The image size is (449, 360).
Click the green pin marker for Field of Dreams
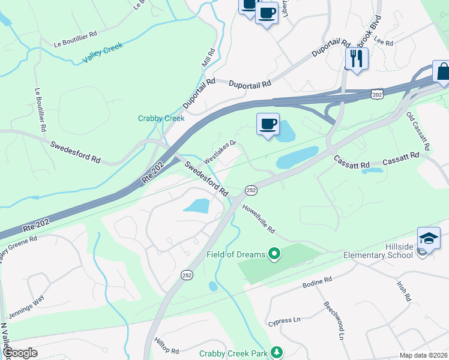275,254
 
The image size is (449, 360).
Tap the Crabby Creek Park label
234,353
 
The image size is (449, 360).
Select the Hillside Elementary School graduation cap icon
429,238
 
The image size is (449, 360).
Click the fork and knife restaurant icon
357,59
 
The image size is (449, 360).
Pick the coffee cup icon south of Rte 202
268,124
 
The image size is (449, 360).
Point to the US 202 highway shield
377,95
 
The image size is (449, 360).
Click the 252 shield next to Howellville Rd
252,190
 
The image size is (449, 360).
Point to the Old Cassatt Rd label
418,131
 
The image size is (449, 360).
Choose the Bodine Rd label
317,281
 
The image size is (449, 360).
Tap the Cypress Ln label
283,321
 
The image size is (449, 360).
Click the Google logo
19,353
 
